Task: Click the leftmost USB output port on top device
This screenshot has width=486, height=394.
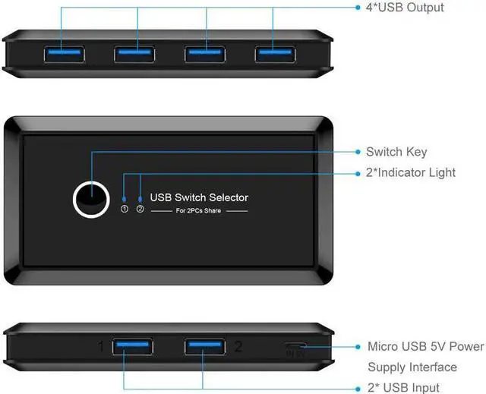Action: coord(62,54)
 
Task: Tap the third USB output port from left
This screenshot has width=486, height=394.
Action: coord(204,54)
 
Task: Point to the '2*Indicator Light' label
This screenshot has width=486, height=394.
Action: coord(421,172)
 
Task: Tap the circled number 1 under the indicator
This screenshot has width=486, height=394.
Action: coord(125,210)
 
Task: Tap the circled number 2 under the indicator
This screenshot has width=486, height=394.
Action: coord(140,210)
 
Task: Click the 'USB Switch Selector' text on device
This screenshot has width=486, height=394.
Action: coord(199,197)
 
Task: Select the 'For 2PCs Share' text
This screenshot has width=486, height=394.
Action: coord(199,210)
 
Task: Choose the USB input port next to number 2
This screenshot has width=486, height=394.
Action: coord(204,347)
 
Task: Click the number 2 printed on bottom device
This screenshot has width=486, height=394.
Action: coord(238,347)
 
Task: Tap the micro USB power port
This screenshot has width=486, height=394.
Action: coord(296,348)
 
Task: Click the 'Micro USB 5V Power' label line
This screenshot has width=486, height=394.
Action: coord(425,346)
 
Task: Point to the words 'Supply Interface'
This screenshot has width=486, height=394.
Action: coord(412,367)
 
